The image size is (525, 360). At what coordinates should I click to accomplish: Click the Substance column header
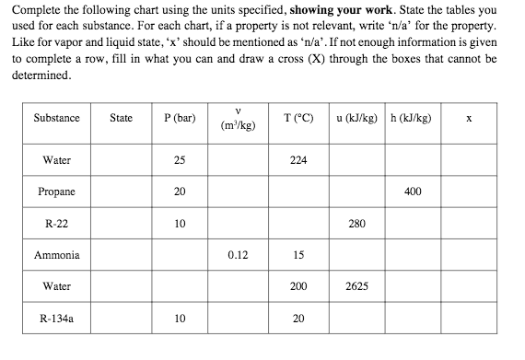tap(56, 118)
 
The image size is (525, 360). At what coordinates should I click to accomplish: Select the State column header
tap(121, 118)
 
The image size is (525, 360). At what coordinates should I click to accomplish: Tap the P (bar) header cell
tap(179, 118)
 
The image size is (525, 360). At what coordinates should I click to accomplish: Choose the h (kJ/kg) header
tap(412, 118)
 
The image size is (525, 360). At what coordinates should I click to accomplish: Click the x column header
tap(469, 118)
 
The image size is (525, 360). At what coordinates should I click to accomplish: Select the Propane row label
tap(57, 192)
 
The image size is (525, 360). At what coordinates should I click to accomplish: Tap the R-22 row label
tap(57, 224)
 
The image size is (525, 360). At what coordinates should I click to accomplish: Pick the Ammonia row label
tap(57, 255)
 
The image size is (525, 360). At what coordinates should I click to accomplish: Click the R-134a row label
tap(57, 319)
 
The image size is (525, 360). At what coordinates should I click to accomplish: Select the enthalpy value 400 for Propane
tap(412, 192)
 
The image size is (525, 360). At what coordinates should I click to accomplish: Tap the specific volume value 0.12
tap(238, 255)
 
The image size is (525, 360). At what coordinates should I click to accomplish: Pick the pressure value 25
tap(179, 160)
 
